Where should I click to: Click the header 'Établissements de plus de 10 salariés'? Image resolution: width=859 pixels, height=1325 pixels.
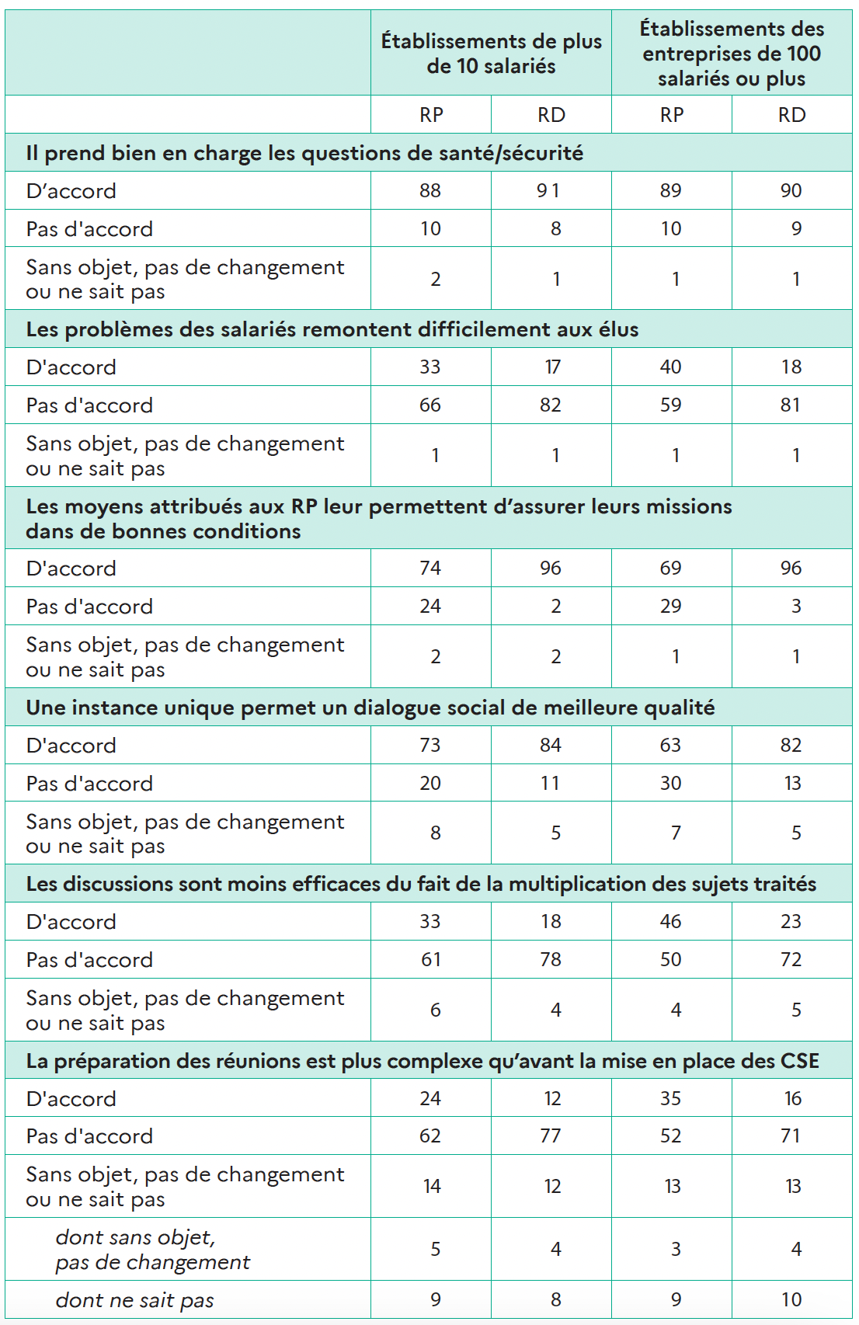(x=491, y=54)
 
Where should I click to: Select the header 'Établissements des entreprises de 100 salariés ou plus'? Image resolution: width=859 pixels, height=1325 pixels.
(x=732, y=54)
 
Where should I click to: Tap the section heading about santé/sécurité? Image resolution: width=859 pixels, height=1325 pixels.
(x=304, y=153)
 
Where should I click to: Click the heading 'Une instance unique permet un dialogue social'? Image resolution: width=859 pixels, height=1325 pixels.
(x=370, y=708)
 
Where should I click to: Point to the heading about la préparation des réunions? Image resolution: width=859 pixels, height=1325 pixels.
(x=423, y=1061)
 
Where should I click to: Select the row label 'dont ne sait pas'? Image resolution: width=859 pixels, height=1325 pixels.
(x=134, y=1300)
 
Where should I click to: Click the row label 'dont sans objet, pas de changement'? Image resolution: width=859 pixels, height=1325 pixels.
(x=152, y=1250)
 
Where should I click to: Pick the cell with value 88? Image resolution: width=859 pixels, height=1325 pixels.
(x=430, y=191)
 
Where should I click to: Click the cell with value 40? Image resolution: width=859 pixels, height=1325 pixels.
(x=671, y=367)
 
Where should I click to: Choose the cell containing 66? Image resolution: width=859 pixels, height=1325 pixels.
(x=430, y=405)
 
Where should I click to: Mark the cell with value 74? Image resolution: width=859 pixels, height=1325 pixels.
(x=430, y=569)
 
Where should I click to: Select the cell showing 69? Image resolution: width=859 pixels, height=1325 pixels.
(x=671, y=569)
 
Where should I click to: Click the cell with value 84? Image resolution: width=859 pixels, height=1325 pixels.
(x=551, y=746)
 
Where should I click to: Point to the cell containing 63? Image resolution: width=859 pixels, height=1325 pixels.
(x=671, y=746)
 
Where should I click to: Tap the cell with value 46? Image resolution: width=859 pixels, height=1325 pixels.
(x=671, y=922)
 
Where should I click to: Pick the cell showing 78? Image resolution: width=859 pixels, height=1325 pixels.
(x=551, y=960)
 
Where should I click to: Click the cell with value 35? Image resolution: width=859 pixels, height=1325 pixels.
(x=671, y=1099)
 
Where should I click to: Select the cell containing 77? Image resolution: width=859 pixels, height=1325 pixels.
(x=551, y=1136)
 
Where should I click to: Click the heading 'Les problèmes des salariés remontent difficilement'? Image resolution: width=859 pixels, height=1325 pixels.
(x=332, y=329)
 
